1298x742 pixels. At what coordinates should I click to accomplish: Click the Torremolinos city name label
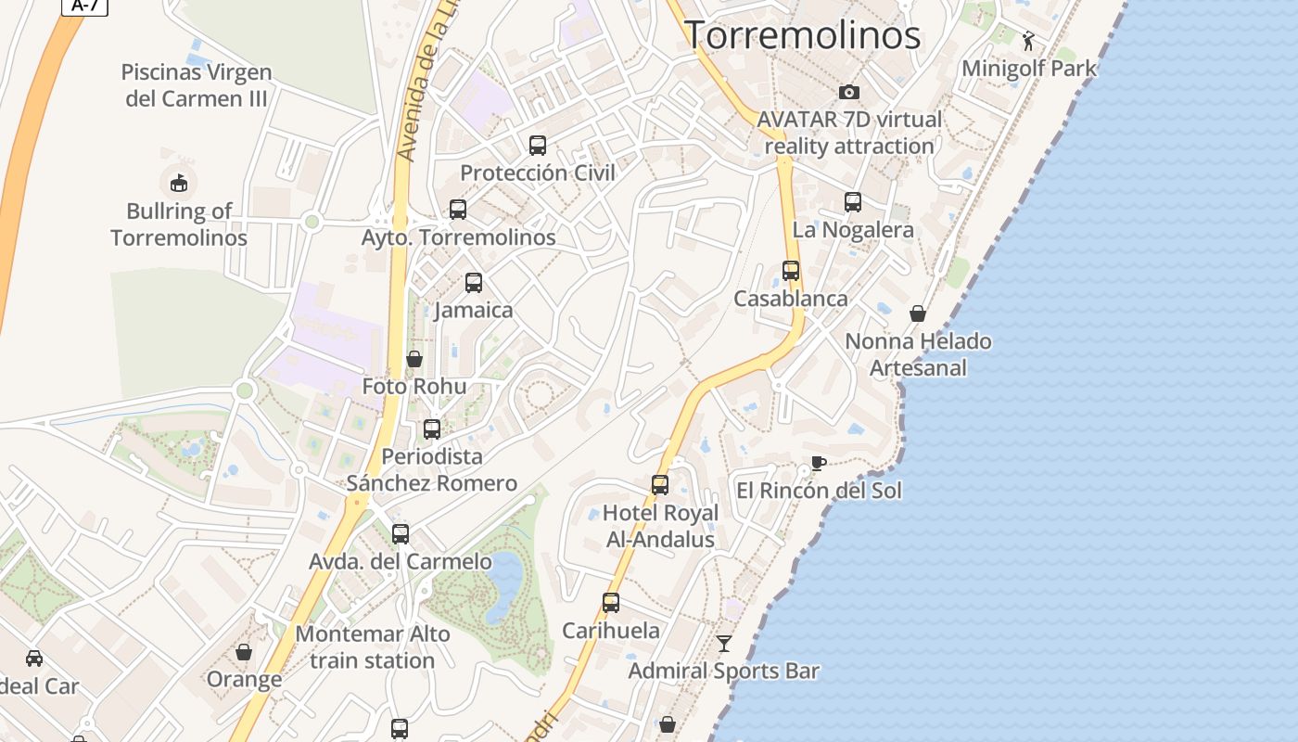(x=802, y=35)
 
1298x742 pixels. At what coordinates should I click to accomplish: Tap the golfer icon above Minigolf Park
(x=1028, y=40)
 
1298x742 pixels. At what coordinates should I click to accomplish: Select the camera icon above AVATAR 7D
(x=848, y=92)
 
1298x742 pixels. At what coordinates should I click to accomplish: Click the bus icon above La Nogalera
(x=853, y=201)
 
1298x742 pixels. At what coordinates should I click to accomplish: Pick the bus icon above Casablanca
(x=791, y=270)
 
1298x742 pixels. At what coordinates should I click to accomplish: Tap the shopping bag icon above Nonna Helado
(x=918, y=313)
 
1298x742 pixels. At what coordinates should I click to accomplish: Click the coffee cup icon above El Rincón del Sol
(x=818, y=463)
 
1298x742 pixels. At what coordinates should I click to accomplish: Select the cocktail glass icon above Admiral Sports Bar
(x=724, y=643)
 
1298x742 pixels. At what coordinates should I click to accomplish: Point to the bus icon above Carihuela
(x=611, y=603)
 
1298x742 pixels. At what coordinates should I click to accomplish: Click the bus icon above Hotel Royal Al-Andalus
(x=660, y=484)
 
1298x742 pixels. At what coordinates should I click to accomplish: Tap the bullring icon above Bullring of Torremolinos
(x=179, y=183)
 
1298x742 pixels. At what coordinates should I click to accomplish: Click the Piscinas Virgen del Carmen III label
(x=197, y=84)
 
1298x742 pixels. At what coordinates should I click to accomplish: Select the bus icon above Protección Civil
(x=538, y=145)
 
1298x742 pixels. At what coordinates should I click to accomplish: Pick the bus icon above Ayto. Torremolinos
(x=458, y=210)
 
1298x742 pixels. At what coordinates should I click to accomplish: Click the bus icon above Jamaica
(x=474, y=282)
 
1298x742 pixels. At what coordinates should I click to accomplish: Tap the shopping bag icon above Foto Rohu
(x=414, y=358)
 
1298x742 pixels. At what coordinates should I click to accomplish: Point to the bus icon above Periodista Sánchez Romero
(x=432, y=429)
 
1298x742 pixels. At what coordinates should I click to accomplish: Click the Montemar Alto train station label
(x=373, y=647)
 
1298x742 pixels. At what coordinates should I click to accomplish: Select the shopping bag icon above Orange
(x=244, y=652)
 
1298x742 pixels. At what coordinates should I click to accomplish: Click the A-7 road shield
(x=85, y=6)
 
